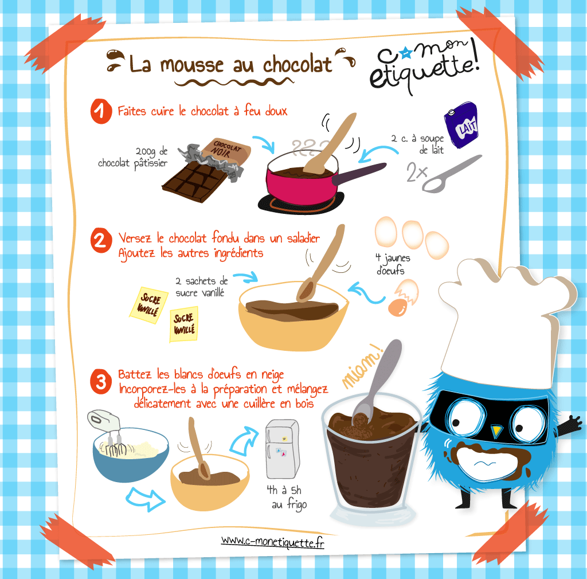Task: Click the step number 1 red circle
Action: click(x=101, y=111)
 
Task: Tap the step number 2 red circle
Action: click(x=101, y=240)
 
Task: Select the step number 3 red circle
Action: click(x=101, y=382)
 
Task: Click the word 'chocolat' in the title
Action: click(x=298, y=65)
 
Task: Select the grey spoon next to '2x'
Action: click(x=451, y=174)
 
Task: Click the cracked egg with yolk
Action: click(x=403, y=298)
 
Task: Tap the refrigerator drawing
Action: click(x=283, y=449)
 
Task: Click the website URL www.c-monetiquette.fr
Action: click(x=272, y=542)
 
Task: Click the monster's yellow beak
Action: click(x=496, y=431)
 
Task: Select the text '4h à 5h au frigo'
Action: click(x=287, y=498)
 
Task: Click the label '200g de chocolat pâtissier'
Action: click(x=133, y=158)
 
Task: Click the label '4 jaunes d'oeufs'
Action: click(x=392, y=264)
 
